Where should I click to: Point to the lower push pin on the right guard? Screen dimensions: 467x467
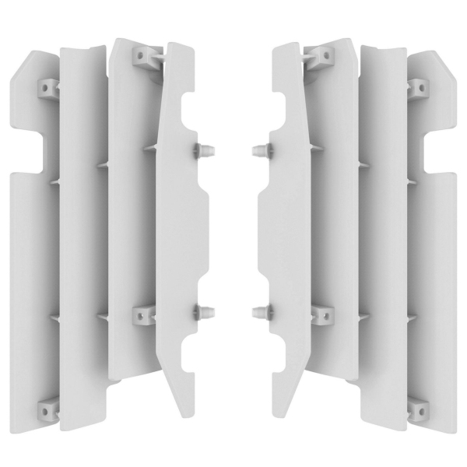tap(263, 313)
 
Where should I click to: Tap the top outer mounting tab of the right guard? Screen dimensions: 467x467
tap(417, 88)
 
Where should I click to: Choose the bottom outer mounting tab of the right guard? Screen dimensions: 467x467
tap(417, 408)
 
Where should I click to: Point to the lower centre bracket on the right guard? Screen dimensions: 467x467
tap(319, 314)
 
